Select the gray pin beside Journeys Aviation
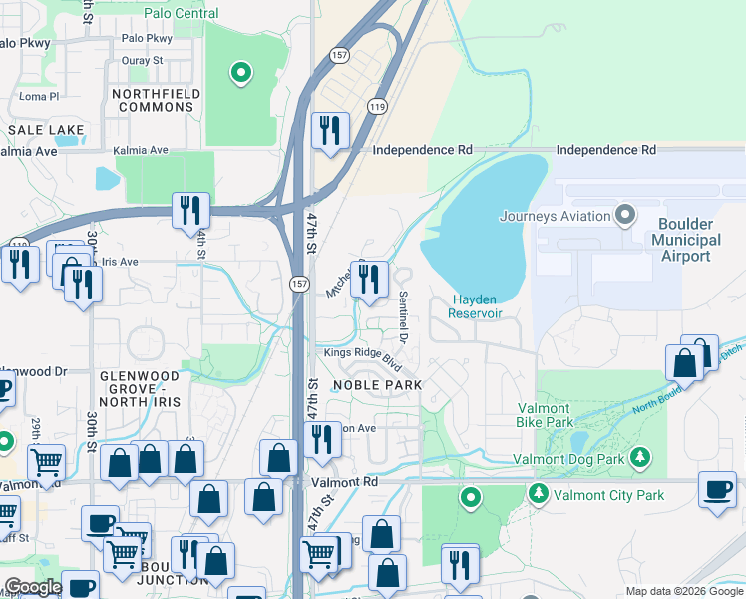click(x=625, y=215)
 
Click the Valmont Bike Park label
click(x=544, y=415)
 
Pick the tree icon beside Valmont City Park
click(x=539, y=493)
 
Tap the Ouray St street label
click(x=142, y=61)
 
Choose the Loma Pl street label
click(x=40, y=97)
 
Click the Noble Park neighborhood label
click(x=377, y=385)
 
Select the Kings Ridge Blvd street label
click(x=361, y=358)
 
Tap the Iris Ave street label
click(x=119, y=262)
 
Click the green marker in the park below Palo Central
click(x=239, y=73)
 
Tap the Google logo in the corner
click(x=34, y=587)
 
